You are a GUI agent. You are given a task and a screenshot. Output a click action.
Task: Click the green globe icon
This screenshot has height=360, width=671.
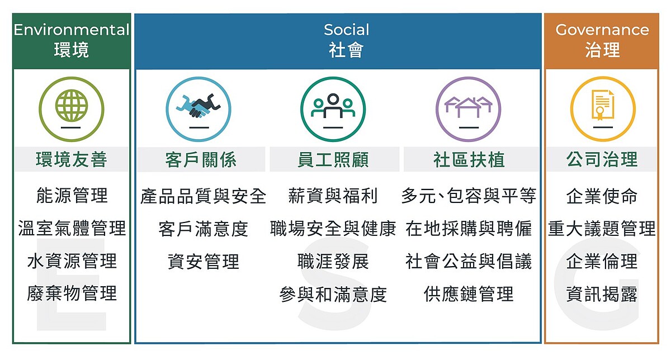tap(71, 104)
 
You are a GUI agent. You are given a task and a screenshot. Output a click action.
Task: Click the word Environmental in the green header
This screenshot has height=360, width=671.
tap(71, 30)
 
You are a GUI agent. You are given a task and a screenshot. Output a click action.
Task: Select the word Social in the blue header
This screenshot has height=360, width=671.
tap(347, 30)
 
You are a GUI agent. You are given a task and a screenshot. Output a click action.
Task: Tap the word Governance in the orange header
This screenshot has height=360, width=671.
tap(602, 30)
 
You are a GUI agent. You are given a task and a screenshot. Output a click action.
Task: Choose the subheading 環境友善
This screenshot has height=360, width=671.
tap(71, 160)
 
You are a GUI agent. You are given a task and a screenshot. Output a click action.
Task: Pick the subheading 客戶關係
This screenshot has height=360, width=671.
tap(201, 160)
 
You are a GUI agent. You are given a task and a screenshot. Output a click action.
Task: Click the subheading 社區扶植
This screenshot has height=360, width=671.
tap(469, 160)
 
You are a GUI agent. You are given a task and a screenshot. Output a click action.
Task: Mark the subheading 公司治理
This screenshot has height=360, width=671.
tap(602, 160)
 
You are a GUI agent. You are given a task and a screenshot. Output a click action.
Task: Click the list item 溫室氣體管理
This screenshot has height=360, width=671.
tap(72, 228)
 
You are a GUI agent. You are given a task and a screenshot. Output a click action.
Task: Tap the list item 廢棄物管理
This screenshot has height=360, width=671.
tap(72, 293)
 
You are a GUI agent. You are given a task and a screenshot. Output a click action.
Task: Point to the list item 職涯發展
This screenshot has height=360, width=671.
tap(333, 261)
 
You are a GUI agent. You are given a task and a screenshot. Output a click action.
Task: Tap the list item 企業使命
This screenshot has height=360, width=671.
tap(602, 196)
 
